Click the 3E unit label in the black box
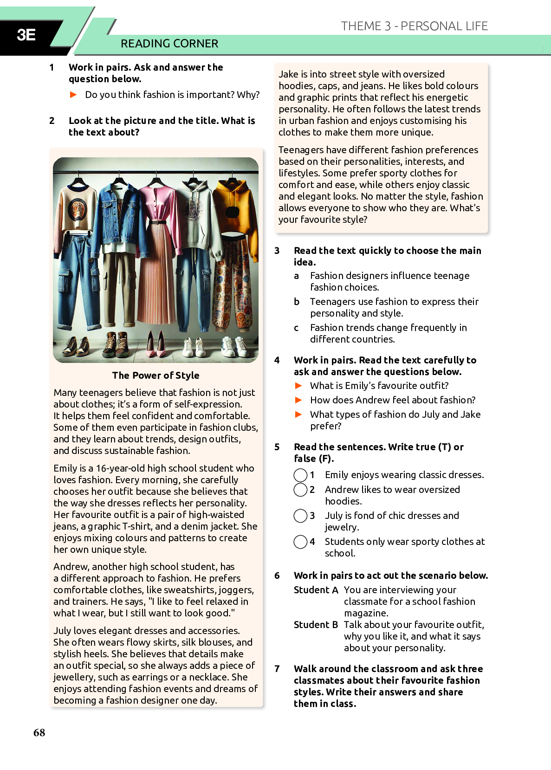tap(26, 35)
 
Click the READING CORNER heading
tap(169, 44)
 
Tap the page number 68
tap(39, 732)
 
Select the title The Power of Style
tap(156, 375)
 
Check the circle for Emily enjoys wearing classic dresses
tap(300, 475)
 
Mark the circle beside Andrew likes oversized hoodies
tap(300, 490)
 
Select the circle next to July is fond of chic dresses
tap(300, 516)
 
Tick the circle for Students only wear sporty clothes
tap(300, 542)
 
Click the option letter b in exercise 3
tap(297, 302)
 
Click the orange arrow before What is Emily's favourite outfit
tap(298, 386)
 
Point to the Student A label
tap(316, 590)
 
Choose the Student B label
tap(316, 625)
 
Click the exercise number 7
tap(277, 669)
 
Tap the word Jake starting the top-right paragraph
tap(288, 74)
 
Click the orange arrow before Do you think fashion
tap(73, 95)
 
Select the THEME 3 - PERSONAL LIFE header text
tap(414, 26)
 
